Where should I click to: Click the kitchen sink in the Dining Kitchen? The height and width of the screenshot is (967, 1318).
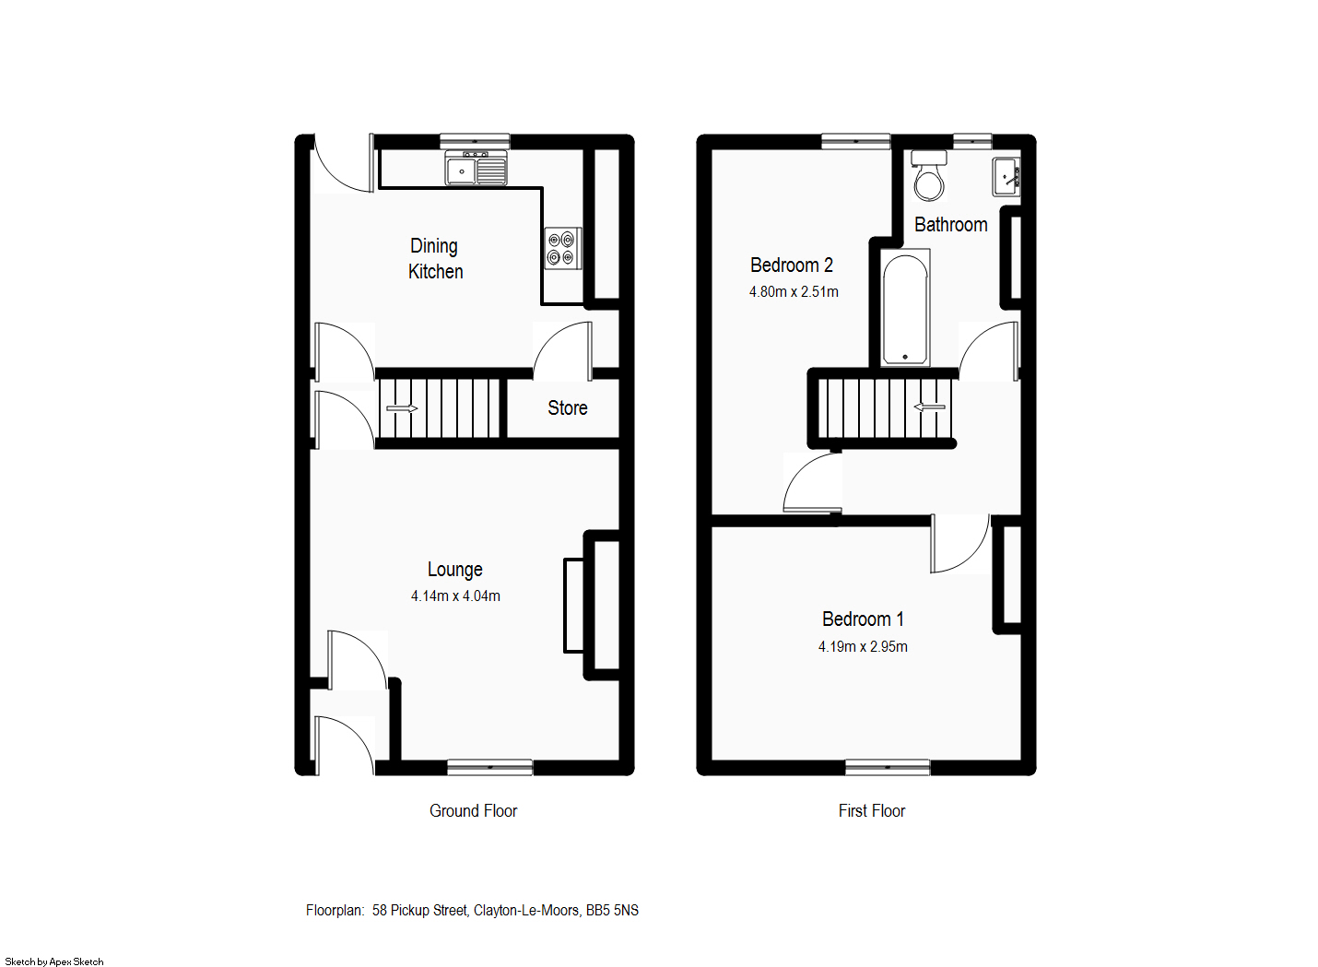(476, 171)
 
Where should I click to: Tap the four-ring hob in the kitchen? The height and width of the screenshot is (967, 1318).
(561, 248)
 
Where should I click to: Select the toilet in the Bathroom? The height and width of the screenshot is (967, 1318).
(929, 177)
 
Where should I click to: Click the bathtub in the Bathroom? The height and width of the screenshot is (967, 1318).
(905, 310)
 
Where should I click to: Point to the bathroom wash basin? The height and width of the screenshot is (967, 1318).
(1006, 176)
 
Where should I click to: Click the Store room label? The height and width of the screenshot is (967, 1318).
(567, 408)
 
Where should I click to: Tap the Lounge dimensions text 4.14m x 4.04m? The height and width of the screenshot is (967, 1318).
(455, 596)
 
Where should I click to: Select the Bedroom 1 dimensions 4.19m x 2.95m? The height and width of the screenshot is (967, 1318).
(863, 647)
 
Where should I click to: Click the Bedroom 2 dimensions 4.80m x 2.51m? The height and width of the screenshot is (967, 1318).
(794, 292)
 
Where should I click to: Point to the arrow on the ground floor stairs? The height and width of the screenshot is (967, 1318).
(401, 408)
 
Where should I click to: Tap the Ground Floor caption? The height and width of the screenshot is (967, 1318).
(473, 811)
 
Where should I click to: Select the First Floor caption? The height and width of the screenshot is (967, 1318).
(871, 811)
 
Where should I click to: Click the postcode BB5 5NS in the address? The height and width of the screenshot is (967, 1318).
(612, 911)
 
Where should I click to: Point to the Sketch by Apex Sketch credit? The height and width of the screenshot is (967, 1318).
(54, 961)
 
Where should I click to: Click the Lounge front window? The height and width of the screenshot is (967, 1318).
(489, 767)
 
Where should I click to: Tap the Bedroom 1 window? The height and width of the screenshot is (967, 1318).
(888, 767)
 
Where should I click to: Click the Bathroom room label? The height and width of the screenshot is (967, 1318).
(950, 225)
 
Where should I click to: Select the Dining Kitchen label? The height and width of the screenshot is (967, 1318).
(435, 259)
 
